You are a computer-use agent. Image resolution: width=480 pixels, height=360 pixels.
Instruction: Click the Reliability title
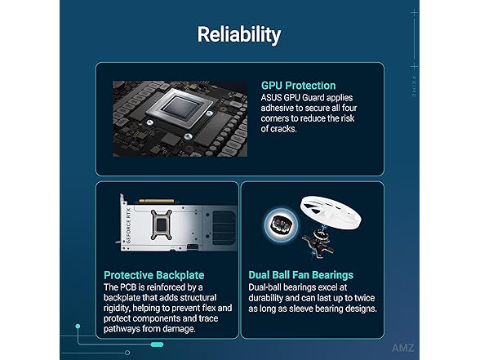238,34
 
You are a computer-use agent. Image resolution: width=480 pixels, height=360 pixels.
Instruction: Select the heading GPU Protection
299,86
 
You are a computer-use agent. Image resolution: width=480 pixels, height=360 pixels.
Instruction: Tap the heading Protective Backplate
154,275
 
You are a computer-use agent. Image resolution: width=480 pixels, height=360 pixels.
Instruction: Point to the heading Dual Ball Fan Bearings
301,275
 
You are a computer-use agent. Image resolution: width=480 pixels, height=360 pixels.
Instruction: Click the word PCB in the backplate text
128,287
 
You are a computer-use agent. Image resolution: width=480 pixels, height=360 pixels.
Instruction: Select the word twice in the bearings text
365,298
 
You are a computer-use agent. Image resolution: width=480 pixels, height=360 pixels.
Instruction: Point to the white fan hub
331,212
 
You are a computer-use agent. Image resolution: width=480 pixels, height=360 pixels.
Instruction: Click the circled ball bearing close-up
281,224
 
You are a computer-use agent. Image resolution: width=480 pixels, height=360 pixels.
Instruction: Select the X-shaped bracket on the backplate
162,224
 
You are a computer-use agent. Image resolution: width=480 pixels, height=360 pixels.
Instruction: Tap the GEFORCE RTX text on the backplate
129,225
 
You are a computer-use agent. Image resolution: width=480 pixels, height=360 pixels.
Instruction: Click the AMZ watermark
403,348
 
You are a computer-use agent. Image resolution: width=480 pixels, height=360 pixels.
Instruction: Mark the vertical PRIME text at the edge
414,87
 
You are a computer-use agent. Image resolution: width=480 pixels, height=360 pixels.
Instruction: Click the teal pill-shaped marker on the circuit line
157,344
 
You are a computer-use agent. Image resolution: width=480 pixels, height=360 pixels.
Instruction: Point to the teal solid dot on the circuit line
78,327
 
